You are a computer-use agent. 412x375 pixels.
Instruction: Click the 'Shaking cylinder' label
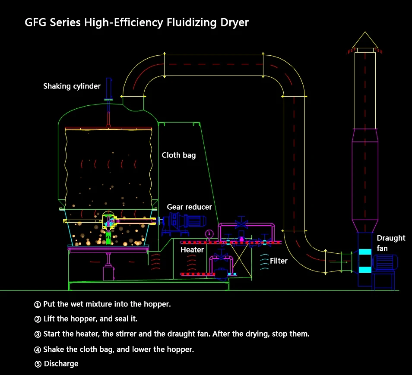click(x=72, y=86)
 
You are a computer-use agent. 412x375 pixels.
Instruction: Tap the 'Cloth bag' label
click(x=179, y=155)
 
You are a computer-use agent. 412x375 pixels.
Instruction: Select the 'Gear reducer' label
click(x=190, y=207)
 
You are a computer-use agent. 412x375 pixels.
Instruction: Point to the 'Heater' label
click(x=192, y=250)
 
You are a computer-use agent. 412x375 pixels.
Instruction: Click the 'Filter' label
click(x=279, y=261)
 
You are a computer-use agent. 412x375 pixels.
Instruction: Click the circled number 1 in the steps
click(x=38, y=304)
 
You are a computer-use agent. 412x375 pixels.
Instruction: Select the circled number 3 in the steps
click(x=38, y=334)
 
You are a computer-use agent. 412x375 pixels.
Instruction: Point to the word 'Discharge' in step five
click(x=61, y=363)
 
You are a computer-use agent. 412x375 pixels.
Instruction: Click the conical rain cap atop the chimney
click(x=365, y=41)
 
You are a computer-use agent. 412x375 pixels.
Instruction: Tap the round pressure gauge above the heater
click(x=209, y=233)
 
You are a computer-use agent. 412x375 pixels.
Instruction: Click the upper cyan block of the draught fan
click(x=365, y=252)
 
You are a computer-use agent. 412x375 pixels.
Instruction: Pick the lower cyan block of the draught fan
click(x=365, y=270)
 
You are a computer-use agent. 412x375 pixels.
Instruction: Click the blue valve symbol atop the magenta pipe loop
click(x=241, y=224)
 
